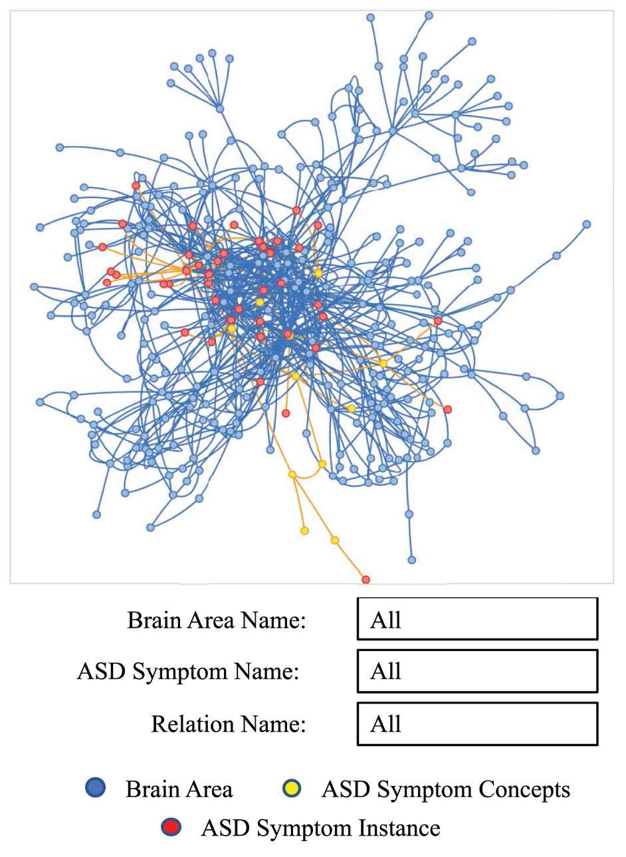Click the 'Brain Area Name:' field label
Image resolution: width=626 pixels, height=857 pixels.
coord(216,620)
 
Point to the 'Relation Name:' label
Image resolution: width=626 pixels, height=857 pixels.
coord(229,723)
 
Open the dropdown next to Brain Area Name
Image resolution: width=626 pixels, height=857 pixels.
coord(477,619)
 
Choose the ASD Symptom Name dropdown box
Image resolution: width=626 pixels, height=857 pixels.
coord(477,671)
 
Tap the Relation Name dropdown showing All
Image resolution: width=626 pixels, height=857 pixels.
coord(477,723)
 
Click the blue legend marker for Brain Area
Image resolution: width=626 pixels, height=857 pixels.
coord(96,789)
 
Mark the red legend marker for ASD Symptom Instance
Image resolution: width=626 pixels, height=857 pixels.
coord(171,827)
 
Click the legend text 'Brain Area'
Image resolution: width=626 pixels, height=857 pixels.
coord(179,789)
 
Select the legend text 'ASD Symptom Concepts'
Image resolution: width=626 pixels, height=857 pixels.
coord(445,789)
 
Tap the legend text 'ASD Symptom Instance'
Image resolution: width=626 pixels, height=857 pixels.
coord(320,828)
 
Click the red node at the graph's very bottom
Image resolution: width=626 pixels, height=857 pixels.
coord(365,579)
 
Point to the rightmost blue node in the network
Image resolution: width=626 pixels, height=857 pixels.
coord(587,225)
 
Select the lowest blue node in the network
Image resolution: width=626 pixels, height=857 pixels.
coord(412,560)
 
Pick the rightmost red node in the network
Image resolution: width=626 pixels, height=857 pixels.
coord(448,409)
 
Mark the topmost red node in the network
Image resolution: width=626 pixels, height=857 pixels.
coord(136,185)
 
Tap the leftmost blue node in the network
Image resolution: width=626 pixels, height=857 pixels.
coord(34,286)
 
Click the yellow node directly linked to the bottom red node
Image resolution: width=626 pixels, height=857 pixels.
coord(335,540)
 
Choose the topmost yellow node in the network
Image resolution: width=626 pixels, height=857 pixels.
coord(318,273)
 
